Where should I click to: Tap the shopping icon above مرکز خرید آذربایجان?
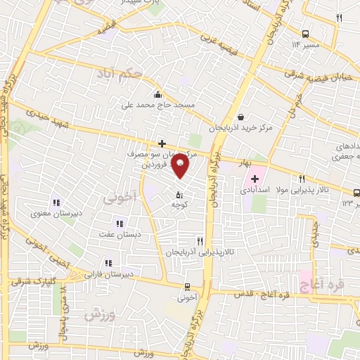(x=241, y=117)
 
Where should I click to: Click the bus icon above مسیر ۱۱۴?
(x=305, y=34)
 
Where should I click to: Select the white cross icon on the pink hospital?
(x=255, y=179)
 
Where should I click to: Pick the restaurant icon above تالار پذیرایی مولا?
(x=302, y=179)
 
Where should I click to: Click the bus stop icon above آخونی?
(x=186, y=286)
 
